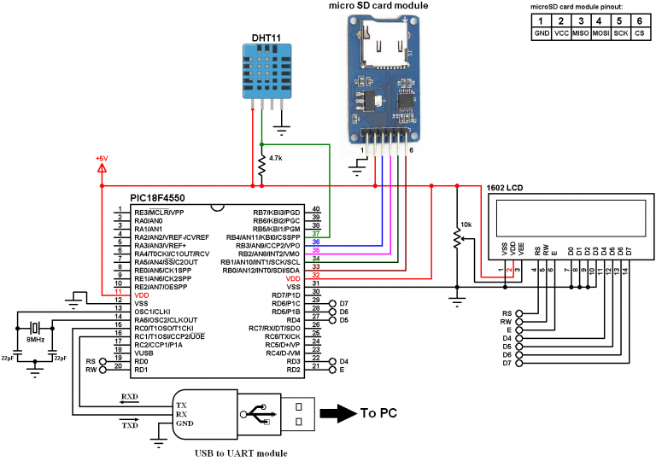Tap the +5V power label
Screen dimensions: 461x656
[x=102, y=159]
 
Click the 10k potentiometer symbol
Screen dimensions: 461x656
[x=458, y=242]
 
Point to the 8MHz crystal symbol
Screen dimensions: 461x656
[x=34, y=328]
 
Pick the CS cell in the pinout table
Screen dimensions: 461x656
[x=641, y=35]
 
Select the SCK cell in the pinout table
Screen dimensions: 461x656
[x=622, y=35]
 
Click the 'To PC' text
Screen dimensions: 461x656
[x=378, y=413]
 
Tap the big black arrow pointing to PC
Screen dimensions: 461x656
[x=337, y=414]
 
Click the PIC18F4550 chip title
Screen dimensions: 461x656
[x=157, y=197]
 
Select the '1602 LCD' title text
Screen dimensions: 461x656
[x=505, y=187]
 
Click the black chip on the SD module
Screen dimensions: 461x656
[x=405, y=100]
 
